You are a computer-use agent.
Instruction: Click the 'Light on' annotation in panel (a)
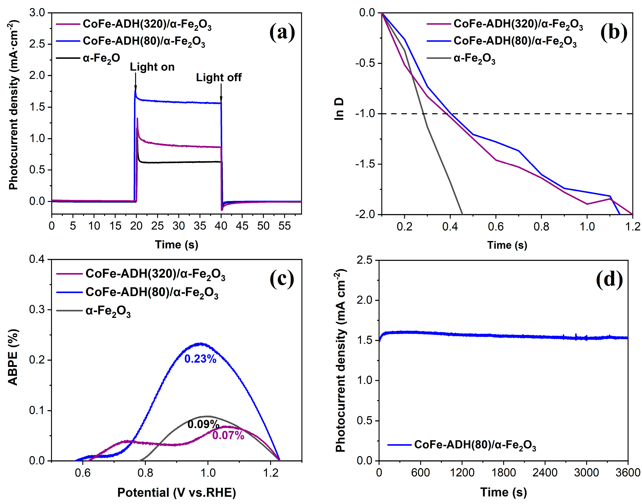tap(152, 67)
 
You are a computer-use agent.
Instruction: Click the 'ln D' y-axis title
tap(339, 109)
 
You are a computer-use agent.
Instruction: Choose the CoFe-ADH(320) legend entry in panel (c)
tap(155, 274)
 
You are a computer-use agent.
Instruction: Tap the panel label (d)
tap(609, 280)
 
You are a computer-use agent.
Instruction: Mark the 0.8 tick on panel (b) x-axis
tap(541, 227)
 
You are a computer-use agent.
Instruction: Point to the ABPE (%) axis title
tap(13, 357)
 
